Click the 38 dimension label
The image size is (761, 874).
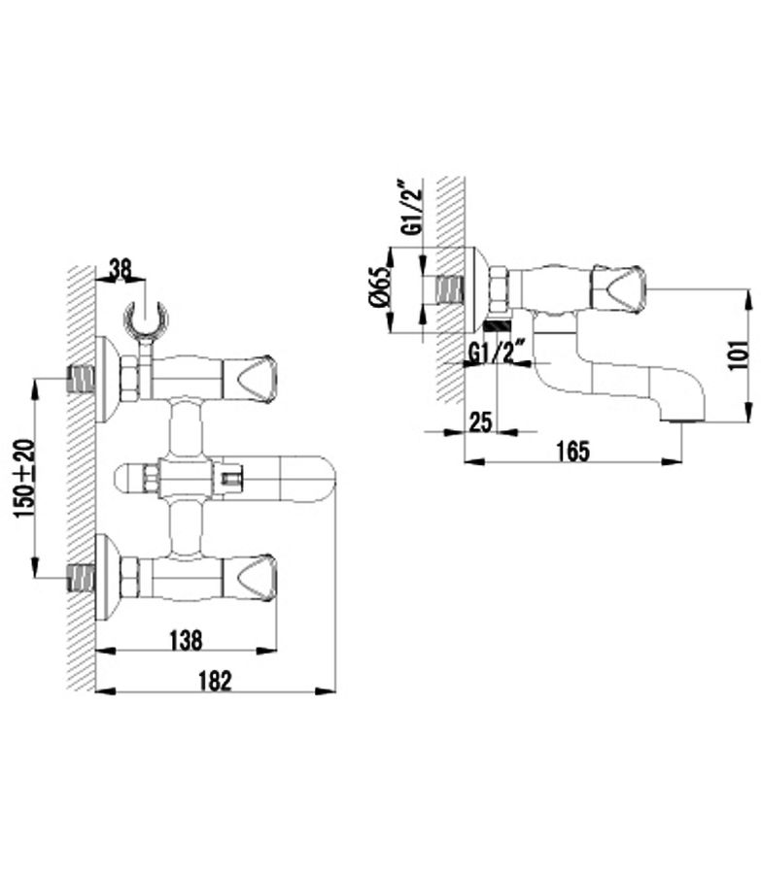coord(120,269)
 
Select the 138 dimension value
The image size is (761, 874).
coord(186,640)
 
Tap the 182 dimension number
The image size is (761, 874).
coord(216,681)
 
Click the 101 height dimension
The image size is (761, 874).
coord(738,353)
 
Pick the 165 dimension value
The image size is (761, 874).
coord(573,451)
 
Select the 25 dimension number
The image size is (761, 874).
coord(480,422)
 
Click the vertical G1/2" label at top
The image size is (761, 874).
coord(413,207)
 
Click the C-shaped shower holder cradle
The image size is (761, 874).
coord(146,319)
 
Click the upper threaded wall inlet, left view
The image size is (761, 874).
coord(81,379)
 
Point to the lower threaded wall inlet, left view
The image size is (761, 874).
coord(81,578)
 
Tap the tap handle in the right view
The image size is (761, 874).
coord(618,289)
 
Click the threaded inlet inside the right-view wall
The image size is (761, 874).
coord(450,289)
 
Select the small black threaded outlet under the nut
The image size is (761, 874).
coord(499,326)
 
